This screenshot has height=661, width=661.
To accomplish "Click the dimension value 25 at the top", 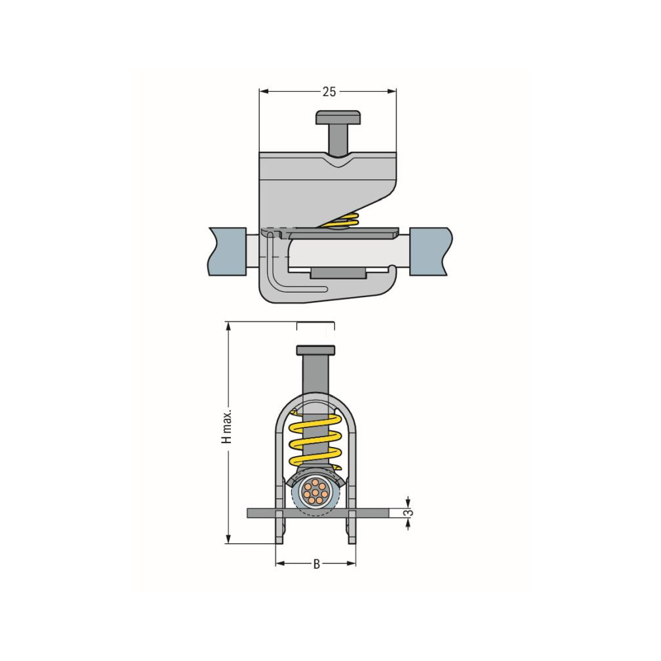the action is tap(329, 92).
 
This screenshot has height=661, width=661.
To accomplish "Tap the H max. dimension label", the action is tap(227, 426).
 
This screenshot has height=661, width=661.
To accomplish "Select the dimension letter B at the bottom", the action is tap(317, 563).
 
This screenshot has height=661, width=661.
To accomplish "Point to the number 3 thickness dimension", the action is tap(407, 513).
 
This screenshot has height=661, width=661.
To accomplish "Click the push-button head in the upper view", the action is tap(338, 117).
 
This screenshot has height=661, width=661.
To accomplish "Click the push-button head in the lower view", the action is tap(315, 350).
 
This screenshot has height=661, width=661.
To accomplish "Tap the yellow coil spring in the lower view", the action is tap(315, 441).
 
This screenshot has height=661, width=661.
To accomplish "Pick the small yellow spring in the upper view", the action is tap(346, 221).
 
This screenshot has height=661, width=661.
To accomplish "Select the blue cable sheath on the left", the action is tap(228, 252).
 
